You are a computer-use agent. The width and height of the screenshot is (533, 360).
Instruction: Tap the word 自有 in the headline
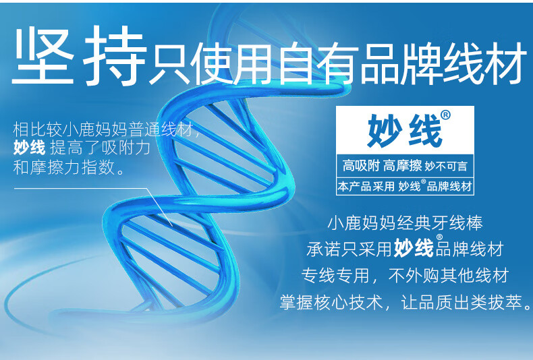tap(318, 63)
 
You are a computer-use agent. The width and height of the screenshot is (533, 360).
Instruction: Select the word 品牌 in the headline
tap(401, 63)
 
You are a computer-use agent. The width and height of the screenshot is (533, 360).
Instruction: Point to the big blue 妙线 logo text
tap(405, 131)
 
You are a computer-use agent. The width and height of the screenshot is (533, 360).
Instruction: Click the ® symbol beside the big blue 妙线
tap(446, 115)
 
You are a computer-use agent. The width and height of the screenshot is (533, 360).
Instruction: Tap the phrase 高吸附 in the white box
tap(361, 166)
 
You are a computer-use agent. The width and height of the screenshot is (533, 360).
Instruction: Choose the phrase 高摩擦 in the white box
tap(403, 166)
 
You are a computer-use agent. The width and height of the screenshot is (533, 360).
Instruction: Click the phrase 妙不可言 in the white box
tap(446, 167)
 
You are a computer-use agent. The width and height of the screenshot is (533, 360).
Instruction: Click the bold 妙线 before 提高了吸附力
tap(29, 148)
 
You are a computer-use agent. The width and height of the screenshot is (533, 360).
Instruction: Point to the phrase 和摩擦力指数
tap(64, 167)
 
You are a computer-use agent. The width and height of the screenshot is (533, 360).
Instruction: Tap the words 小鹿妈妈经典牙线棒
tap(405, 223)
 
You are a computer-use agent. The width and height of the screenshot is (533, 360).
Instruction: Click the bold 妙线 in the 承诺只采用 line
tap(414, 248)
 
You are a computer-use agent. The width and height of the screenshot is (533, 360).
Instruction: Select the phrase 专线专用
tap(335, 276)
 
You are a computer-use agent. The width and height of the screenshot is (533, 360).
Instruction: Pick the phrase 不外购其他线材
tap(449, 276)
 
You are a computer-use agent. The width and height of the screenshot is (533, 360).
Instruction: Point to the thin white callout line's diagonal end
tap(172, 226)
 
